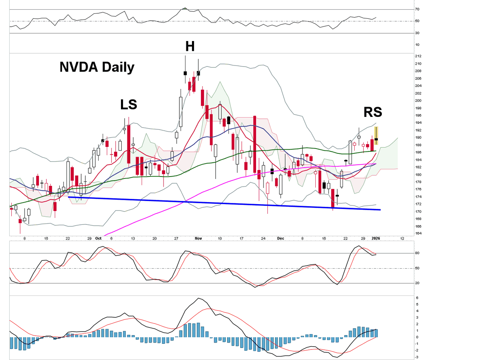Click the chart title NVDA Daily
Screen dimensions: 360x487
coord(97,67)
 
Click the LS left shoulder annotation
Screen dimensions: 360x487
coord(128,105)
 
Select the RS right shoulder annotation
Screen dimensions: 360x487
coord(373,112)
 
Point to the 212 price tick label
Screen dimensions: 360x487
coord(418,56)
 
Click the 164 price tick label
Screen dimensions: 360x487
coord(418,233)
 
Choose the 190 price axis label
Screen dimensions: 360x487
coord(418,138)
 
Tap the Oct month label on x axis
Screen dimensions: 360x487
coord(98,239)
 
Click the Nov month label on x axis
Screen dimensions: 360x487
coord(198,239)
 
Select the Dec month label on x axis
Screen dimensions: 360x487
coord(281,239)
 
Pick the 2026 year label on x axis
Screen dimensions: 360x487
coord(376,239)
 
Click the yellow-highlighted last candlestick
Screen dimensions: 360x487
coord(376,136)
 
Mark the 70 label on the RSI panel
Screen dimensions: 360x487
coord(418,9)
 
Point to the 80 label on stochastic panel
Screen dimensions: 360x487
coord(418,253)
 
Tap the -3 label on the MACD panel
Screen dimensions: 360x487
coord(417,357)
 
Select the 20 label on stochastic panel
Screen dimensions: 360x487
coord(418,283)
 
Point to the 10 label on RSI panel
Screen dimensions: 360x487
coord(418,45)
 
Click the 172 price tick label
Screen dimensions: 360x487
coord(418,204)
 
